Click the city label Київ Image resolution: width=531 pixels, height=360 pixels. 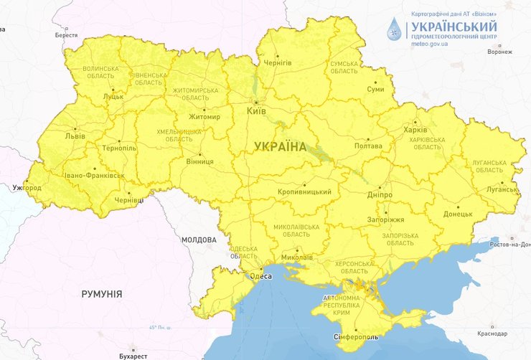(257, 112)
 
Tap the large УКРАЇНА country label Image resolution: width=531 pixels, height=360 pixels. (280, 146)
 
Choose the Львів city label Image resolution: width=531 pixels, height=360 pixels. (75, 136)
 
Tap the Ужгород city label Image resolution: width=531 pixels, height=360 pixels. (27, 188)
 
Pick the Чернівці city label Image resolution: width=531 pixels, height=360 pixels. (130, 201)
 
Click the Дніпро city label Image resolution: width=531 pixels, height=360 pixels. (380, 194)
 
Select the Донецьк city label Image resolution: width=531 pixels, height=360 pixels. (458, 214)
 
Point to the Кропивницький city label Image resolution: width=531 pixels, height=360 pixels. (304, 192)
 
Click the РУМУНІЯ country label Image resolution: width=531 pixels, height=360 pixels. (102, 294)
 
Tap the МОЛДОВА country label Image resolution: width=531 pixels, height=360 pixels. (199, 240)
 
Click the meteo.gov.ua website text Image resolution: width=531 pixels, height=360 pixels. (430, 44)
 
